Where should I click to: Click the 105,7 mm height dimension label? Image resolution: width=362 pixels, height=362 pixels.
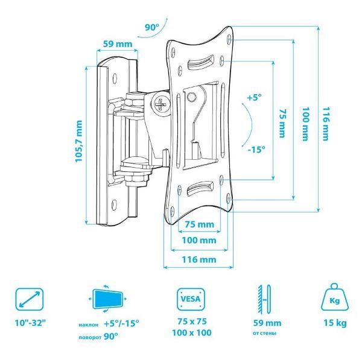tap(78, 141)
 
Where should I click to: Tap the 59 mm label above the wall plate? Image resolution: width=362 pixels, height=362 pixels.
tap(118, 43)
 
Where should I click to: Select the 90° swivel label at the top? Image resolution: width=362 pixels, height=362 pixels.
tap(152, 28)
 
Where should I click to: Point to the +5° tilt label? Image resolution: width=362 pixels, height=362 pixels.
tap(255, 97)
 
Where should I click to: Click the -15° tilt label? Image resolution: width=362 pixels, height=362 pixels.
tap(256, 150)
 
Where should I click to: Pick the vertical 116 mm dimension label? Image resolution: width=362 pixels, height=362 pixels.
tap(326, 124)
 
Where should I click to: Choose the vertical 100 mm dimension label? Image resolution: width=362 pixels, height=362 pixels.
tap(305, 124)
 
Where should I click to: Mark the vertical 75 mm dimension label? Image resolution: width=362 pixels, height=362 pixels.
tap(282, 123)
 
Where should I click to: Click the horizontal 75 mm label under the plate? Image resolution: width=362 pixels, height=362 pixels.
tap(200, 224)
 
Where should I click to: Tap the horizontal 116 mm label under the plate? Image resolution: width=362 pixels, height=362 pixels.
tap(199, 259)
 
